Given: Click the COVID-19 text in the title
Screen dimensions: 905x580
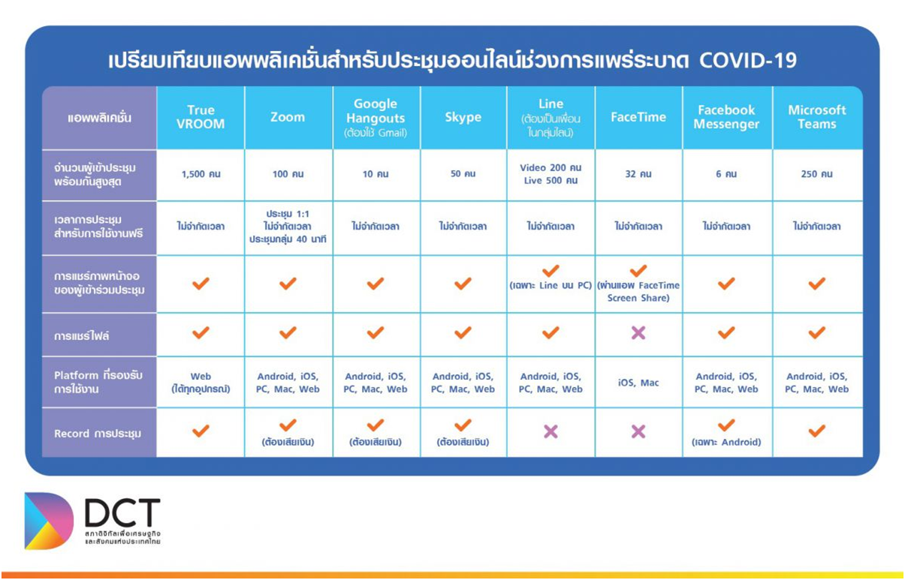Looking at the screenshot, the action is pyautogui.click(x=747, y=61).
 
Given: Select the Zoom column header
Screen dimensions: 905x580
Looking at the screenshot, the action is pyautogui.click(x=288, y=117).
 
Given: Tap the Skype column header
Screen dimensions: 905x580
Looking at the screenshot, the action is pyautogui.click(x=463, y=117).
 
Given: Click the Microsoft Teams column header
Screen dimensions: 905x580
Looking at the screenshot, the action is pyautogui.click(x=816, y=117).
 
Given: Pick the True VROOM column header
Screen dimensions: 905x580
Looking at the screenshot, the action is pyautogui.click(x=201, y=117).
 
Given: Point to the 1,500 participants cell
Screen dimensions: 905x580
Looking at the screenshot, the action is pyautogui.click(x=201, y=174).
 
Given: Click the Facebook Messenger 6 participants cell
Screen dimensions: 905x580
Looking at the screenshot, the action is pyautogui.click(x=726, y=174).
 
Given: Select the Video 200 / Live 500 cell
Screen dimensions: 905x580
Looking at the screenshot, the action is pyautogui.click(x=551, y=174).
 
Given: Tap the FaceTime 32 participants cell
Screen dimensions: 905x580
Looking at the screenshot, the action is pyautogui.click(x=638, y=174).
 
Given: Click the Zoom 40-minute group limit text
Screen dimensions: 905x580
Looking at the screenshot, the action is pyautogui.click(x=288, y=239).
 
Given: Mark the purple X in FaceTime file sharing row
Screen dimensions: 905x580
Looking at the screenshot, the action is pyautogui.click(x=638, y=333).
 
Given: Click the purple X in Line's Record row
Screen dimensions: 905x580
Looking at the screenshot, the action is pyautogui.click(x=551, y=431).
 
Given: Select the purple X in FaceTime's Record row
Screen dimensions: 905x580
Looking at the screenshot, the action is pyautogui.click(x=638, y=431).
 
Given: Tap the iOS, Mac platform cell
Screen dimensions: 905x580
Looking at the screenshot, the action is pyautogui.click(x=638, y=383).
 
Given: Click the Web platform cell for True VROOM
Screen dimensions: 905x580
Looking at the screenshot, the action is pyautogui.click(x=201, y=383).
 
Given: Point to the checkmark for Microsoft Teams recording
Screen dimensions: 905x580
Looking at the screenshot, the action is pyautogui.click(x=816, y=431).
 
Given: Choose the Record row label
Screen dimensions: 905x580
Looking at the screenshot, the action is pyautogui.click(x=98, y=434).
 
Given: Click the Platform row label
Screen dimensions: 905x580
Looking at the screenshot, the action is pyautogui.click(x=98, y=382).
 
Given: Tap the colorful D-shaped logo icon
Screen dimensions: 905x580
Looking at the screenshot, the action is pyautogui.click(x=49, y=521).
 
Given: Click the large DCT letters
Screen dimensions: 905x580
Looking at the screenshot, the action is pyautogui.click(x=123, y=512).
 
